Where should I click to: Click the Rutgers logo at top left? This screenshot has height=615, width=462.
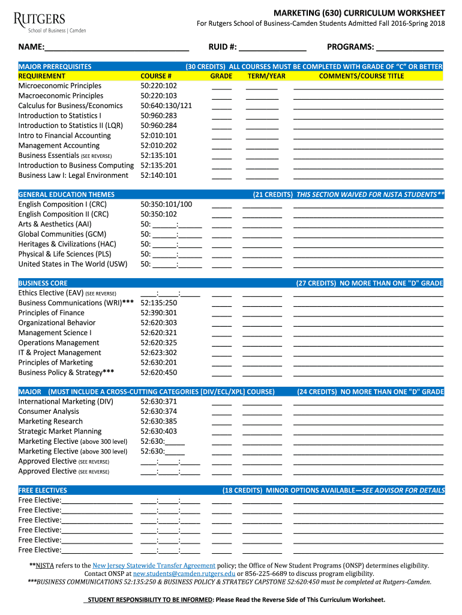52,22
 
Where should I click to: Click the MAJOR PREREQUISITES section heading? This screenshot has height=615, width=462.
55,66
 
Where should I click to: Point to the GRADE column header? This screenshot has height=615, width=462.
221,76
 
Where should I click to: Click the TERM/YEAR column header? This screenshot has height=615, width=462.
266,76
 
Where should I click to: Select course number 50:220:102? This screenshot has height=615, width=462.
158,86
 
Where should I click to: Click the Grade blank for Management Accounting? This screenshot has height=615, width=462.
221,147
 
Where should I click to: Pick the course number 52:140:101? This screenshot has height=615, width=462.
158,175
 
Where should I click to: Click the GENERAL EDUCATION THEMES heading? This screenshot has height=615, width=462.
67,195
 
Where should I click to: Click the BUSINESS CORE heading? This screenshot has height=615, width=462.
43,283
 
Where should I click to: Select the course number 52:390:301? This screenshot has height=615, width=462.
158,313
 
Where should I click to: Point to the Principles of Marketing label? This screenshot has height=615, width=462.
56,363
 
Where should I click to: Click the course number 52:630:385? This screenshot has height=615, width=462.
158,422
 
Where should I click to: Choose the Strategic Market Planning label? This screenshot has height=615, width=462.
60,431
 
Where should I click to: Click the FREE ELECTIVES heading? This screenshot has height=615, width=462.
43,490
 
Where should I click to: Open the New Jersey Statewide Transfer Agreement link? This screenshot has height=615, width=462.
154,566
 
